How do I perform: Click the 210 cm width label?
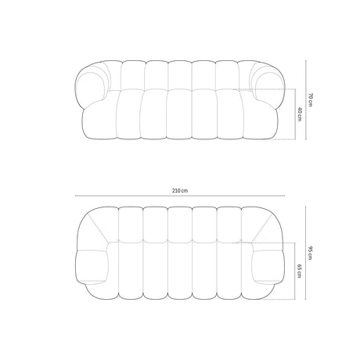pyautogui.click(x=180, y=191)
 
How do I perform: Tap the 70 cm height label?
pyautogui.click(x=310, y=99)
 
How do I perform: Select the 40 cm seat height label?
pyautogui.click(x=300, y=114)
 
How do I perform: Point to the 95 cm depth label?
pyautogui.click(x=310, y=253)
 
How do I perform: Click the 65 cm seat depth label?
pyautogui.click(x=300, y=271)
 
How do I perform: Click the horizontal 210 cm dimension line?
pyautogui.click(x=180, y=196)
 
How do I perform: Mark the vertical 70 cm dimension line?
pyautogui.click(x=306, y=100)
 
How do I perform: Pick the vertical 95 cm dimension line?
pyautogui.click(x=305, y=253)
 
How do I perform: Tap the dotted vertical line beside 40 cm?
pyautogui.click(x=295, y=114)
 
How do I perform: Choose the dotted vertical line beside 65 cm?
pyautogui.click(x=295, y=271)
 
